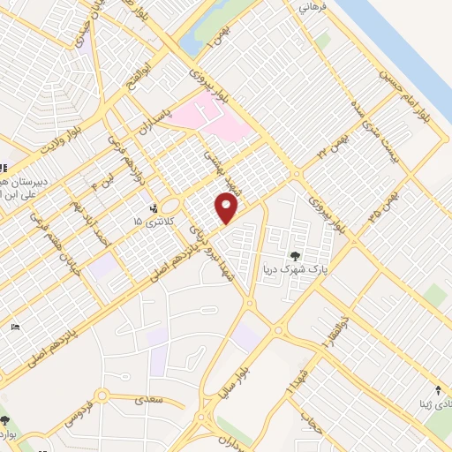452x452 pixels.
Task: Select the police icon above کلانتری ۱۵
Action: point(155,208)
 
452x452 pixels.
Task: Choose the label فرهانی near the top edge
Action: point(313,7)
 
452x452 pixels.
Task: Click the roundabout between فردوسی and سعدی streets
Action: point(104,398)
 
